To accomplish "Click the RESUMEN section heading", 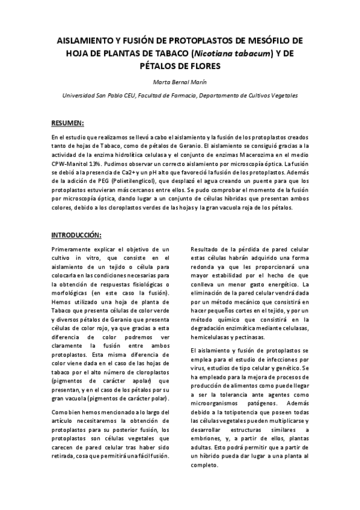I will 67,123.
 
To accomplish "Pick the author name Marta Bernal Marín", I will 180,83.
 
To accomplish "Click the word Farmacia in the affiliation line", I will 182,95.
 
